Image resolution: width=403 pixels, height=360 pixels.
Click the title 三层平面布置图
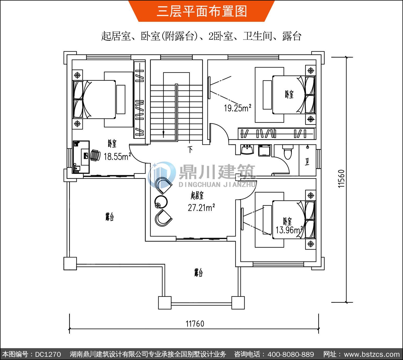point(202,11)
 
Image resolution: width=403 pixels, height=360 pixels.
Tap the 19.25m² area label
point(238,108)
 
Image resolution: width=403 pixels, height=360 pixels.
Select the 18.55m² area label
point(117,156)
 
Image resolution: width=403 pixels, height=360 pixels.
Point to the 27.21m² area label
point(201,208)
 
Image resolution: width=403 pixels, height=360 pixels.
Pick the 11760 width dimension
point(195,324)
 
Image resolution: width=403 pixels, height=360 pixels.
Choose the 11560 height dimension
point(341,179)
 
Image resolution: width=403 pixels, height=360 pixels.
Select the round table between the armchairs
point(161,202)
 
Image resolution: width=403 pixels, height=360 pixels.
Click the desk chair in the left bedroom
point(95,155)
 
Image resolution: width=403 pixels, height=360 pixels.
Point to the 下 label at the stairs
point(190,149)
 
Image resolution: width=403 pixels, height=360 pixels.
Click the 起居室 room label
point(197,195)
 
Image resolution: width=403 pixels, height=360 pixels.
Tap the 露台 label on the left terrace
point(110,217)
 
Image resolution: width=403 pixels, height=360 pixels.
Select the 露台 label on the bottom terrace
point(199,273)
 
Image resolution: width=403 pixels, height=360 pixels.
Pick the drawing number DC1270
point(48,354)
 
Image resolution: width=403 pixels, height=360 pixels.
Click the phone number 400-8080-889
point(290,354)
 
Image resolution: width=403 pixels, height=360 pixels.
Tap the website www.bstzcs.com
point(372,354)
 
